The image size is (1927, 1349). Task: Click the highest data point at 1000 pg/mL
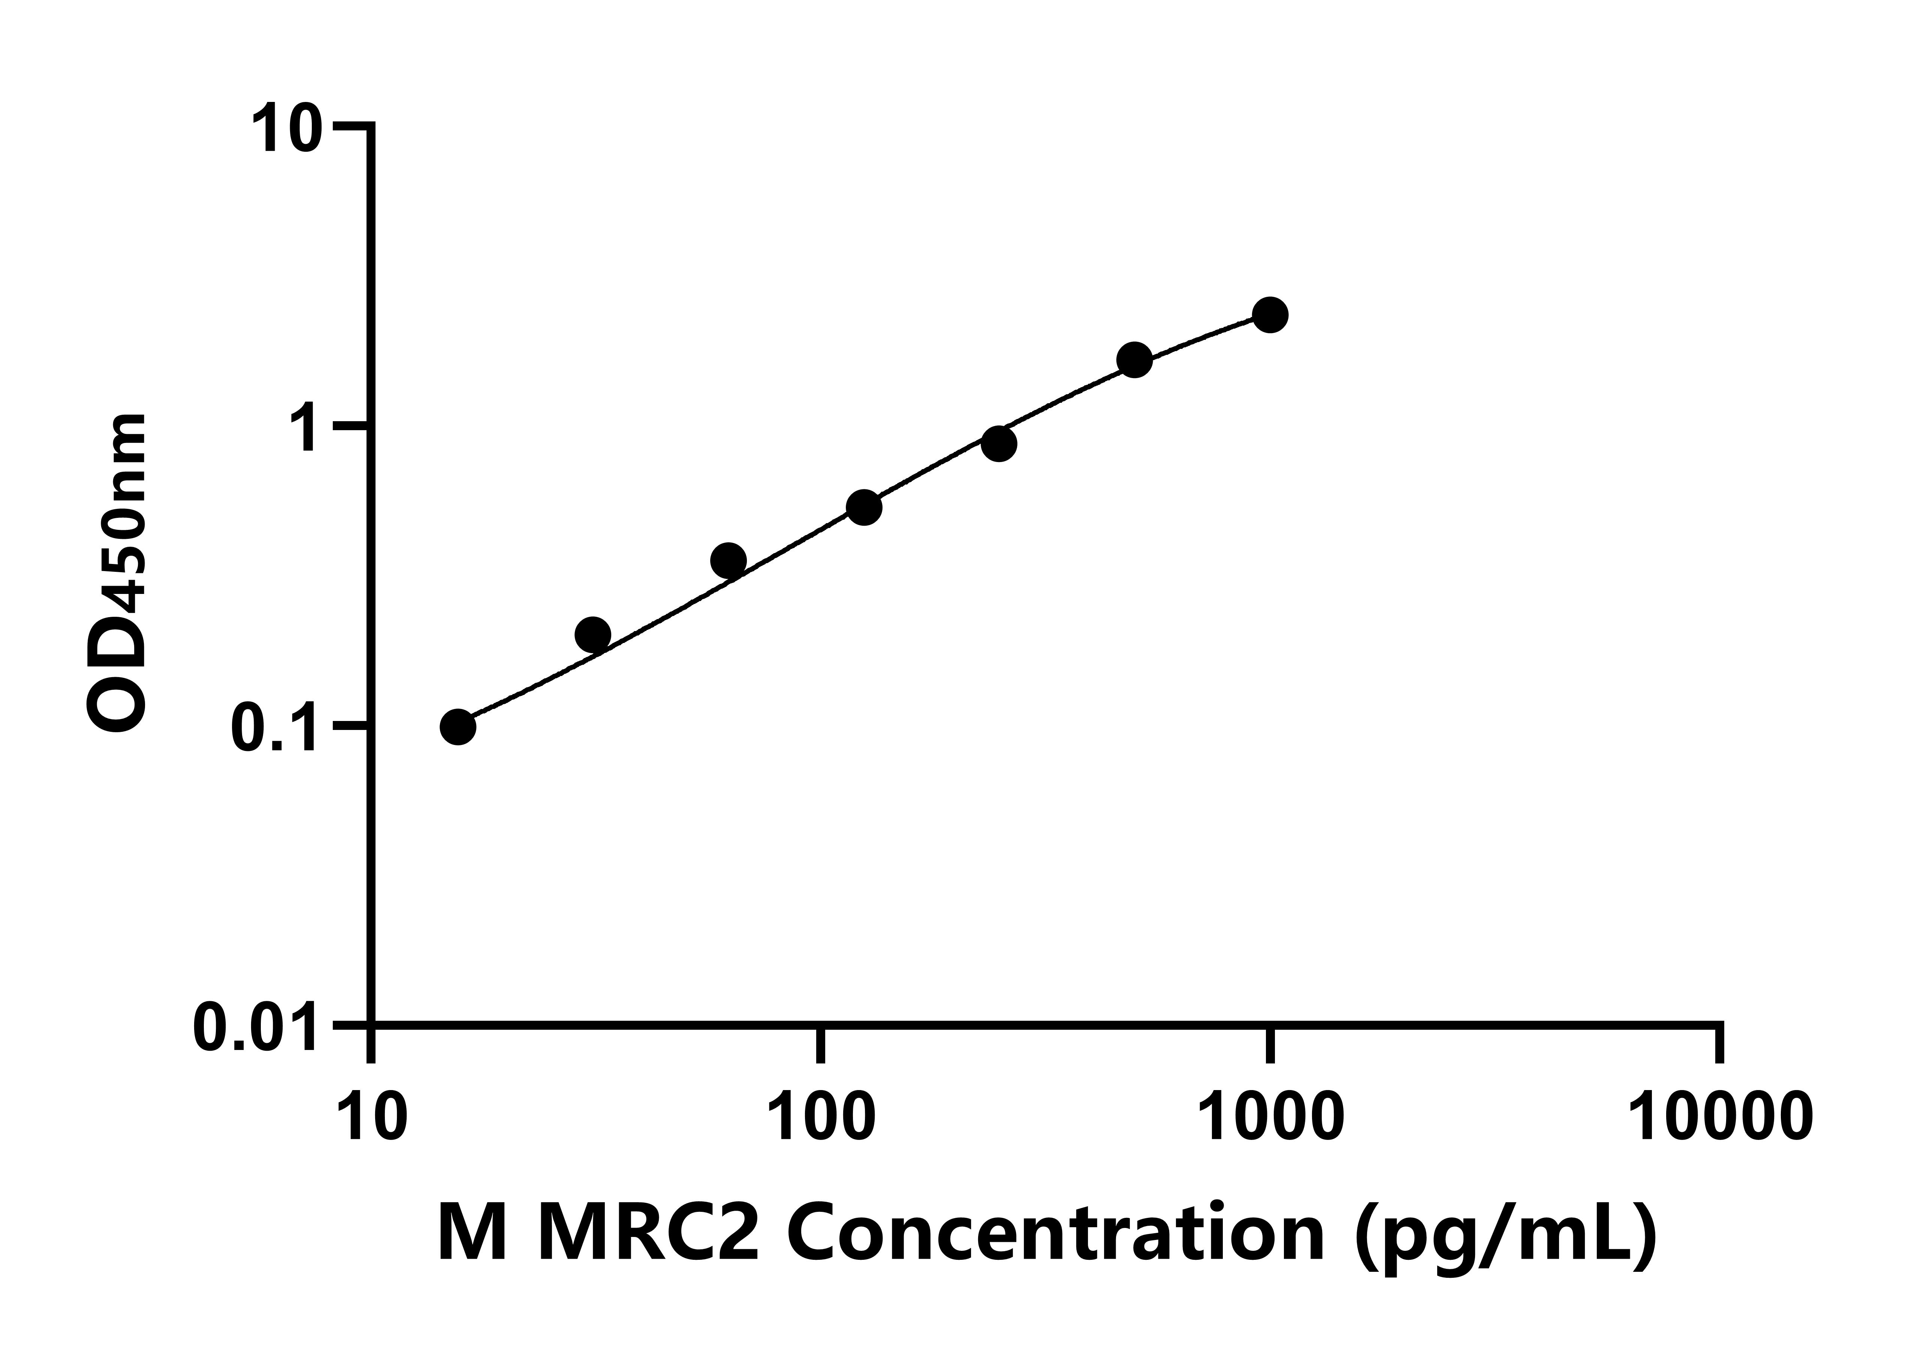coord(1271,315)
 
